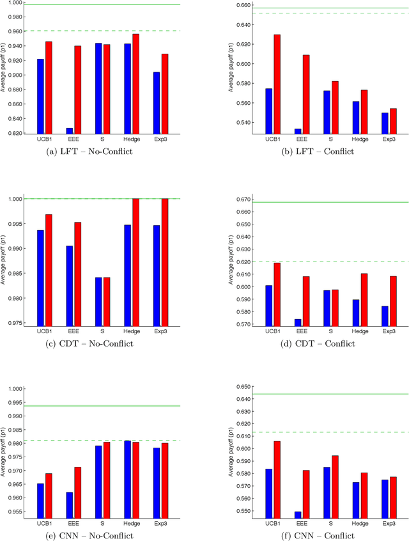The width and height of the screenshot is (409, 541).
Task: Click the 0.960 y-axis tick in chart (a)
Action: [x=12, y=31]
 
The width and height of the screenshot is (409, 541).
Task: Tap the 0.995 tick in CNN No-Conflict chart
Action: [x=12, y=402]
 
